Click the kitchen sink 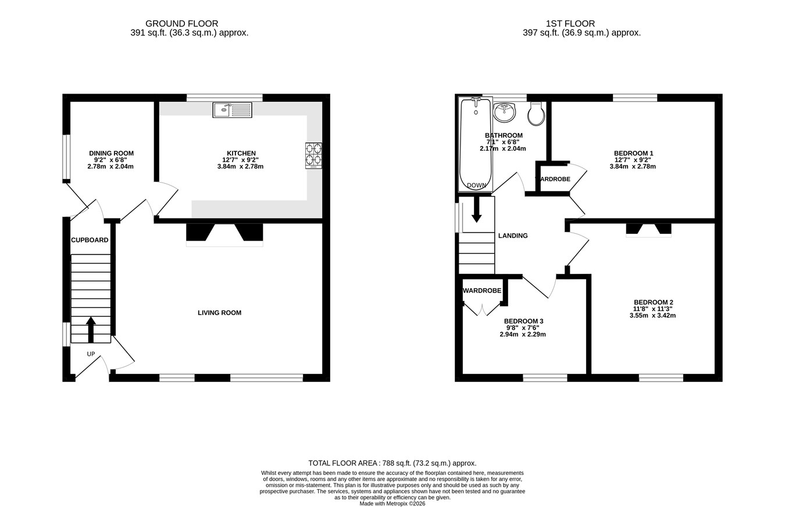click(x=232, y=110)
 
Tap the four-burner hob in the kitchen click(x=313, y=156)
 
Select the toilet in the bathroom click(x=536, y=113)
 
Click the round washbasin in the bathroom click(x=504, y=112)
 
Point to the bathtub click(x=476, y=144)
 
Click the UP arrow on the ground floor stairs click(x=91, y=329)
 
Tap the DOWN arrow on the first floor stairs click(x=476, y=209)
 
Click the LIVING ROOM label click(x=219, y=313)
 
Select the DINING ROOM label click(x=111, y=153)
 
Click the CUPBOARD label click(x=90, y=240)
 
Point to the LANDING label click(x=513, y=235)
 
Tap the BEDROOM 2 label click(x=653, y=302)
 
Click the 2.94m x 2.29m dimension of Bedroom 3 click(x=523, y=334)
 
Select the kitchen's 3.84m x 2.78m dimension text click(x=240, y=166)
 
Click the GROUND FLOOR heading click(x=181, y=23)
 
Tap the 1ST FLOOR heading click(x=570, y=23)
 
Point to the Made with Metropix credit click(x=392, y=504)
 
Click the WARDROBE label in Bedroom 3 click(x=482, y=291)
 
